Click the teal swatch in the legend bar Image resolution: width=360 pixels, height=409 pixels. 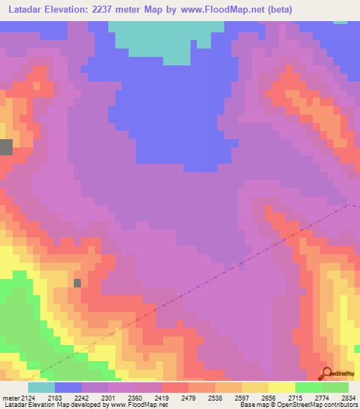coord(41,387)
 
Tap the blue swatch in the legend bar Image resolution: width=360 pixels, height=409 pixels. coord(68,387)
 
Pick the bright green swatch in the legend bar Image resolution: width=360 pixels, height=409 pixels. coord(308,387)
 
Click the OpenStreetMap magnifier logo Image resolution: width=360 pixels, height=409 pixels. coord(328,373)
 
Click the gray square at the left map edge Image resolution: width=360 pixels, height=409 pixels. coord(6,147)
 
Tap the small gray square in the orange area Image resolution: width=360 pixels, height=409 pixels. coord(77,283)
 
